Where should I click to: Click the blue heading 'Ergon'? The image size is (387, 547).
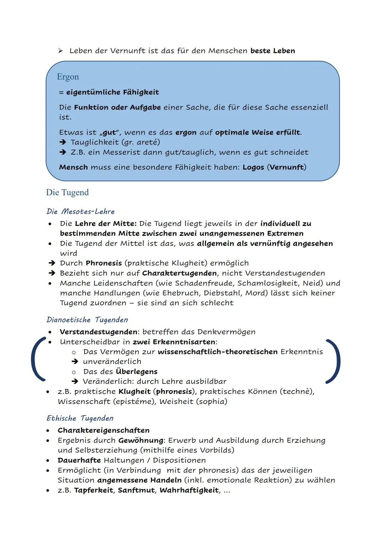(x=68, y=77)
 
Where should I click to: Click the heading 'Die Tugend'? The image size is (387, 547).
(x=67, y=192)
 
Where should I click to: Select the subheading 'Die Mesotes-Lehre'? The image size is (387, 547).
(x=81, y=211)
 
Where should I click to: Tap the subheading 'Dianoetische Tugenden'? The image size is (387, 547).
(x=87, y=320)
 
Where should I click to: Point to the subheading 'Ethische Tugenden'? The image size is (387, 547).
(x=80, y=418)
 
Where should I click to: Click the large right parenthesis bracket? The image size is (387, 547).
(x=333, y=361)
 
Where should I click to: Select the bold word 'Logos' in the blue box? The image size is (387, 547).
(x=253, y=167)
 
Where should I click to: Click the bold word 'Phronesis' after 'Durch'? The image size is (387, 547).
(x=104, y=263)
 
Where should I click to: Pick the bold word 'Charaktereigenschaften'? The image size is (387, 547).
(x=104, y=430)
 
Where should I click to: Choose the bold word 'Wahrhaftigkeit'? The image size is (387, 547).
(x=189, y=490)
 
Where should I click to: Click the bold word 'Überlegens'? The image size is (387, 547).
(x=137, y=371)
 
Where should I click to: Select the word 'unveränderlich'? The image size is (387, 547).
(x=112, y=361)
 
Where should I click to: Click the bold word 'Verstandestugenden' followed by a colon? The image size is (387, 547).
(x=98, y=332)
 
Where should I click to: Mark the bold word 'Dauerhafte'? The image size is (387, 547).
(x=79, y=460)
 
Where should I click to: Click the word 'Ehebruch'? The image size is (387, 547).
(x=181, y=293)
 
